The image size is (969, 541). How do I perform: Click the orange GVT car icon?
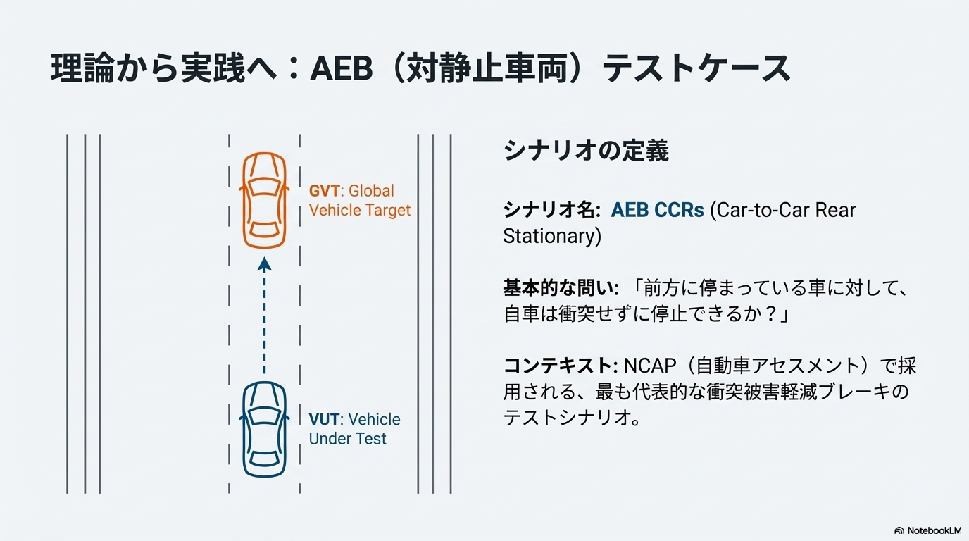click(264, 200)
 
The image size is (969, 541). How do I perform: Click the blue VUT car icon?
click(264, 429)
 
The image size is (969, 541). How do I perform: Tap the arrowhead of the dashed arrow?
click(264, 264)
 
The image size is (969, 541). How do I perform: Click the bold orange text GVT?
click(324, 191)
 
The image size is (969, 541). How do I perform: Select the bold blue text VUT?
click(324, 419)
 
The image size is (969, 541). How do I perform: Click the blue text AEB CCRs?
click(657, 211)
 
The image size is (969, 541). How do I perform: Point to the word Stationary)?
click(552, 236)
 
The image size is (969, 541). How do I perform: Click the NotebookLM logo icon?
click(899, 530)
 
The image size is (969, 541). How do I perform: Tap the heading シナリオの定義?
click(586, 151)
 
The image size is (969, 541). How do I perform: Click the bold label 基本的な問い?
click(561, 288)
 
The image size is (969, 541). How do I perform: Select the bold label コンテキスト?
click(561, 366)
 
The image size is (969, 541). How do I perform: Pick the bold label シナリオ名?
click(551, 211)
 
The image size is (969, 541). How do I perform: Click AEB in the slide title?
click(342, 68)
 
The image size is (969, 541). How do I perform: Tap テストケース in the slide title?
click(696, 68)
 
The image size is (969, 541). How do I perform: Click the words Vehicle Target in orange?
click(359, 211)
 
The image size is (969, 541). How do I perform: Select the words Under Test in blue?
click(347, 439)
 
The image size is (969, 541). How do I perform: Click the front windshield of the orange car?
click(264, 186)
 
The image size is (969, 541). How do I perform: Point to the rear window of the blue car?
click(264, 459)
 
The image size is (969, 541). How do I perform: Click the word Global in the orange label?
click(371, 191)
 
